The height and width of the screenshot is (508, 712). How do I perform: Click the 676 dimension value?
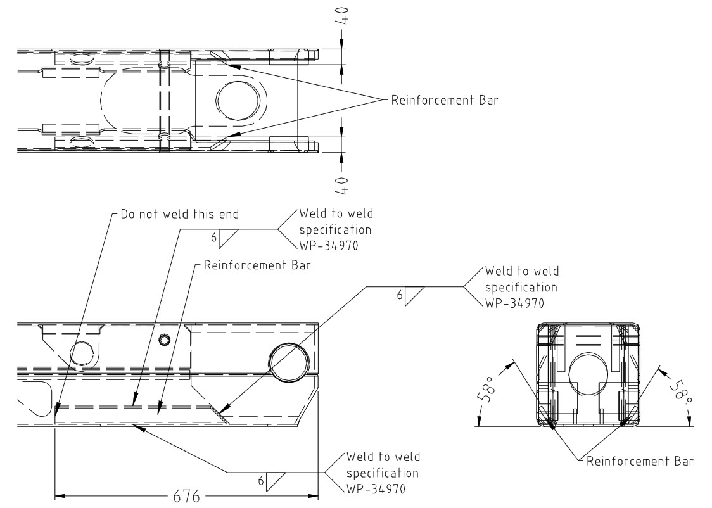pos(182,496)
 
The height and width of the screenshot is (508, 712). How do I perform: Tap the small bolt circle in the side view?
pos(165,340)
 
